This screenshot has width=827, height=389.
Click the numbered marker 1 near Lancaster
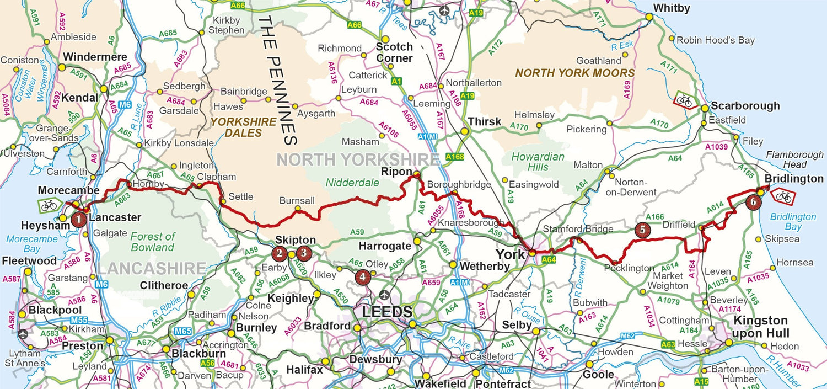point(79,220)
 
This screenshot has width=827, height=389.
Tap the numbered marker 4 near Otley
point(362,277)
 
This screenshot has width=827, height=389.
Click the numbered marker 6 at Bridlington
point(754,202)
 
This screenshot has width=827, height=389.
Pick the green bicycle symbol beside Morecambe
point(49,205)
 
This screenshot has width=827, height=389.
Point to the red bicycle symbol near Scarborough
point(684,100)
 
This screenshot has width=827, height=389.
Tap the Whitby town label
point(671,8)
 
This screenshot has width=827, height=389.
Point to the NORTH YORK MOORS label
point(574,73)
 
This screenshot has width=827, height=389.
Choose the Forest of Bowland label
point(153,242)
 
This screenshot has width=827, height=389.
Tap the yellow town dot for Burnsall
point(298,209)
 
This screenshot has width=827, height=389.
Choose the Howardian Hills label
point(538,161)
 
